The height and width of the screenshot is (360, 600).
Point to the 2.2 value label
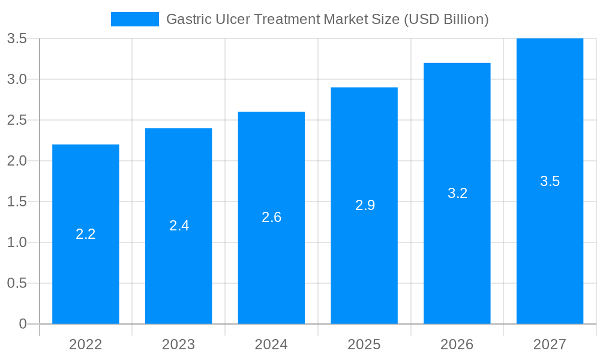tap(86, 234)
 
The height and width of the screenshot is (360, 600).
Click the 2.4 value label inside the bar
tap(179, 226)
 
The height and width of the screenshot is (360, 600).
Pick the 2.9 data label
tap(365, 205)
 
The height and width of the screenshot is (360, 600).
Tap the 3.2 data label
tap(457, 193)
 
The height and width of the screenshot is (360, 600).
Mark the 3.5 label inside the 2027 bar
tap(550, 181)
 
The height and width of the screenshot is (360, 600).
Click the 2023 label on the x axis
tap(178, 344)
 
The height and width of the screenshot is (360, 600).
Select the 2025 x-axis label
tap(364, 344)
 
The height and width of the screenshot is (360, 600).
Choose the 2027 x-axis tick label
tap(550, 344)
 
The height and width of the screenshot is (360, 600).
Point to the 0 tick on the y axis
tap(23, 324)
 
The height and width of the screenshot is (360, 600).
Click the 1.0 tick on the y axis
tap(17, 242)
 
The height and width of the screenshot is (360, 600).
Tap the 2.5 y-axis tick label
tap(17, 120)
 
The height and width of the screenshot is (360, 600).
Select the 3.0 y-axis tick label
tap(17, 79)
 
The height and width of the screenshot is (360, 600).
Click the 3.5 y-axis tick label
tap(17, 38)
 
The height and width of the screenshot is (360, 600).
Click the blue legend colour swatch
tap(135, 19)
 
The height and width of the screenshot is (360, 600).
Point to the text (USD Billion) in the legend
tap(446, 19)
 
